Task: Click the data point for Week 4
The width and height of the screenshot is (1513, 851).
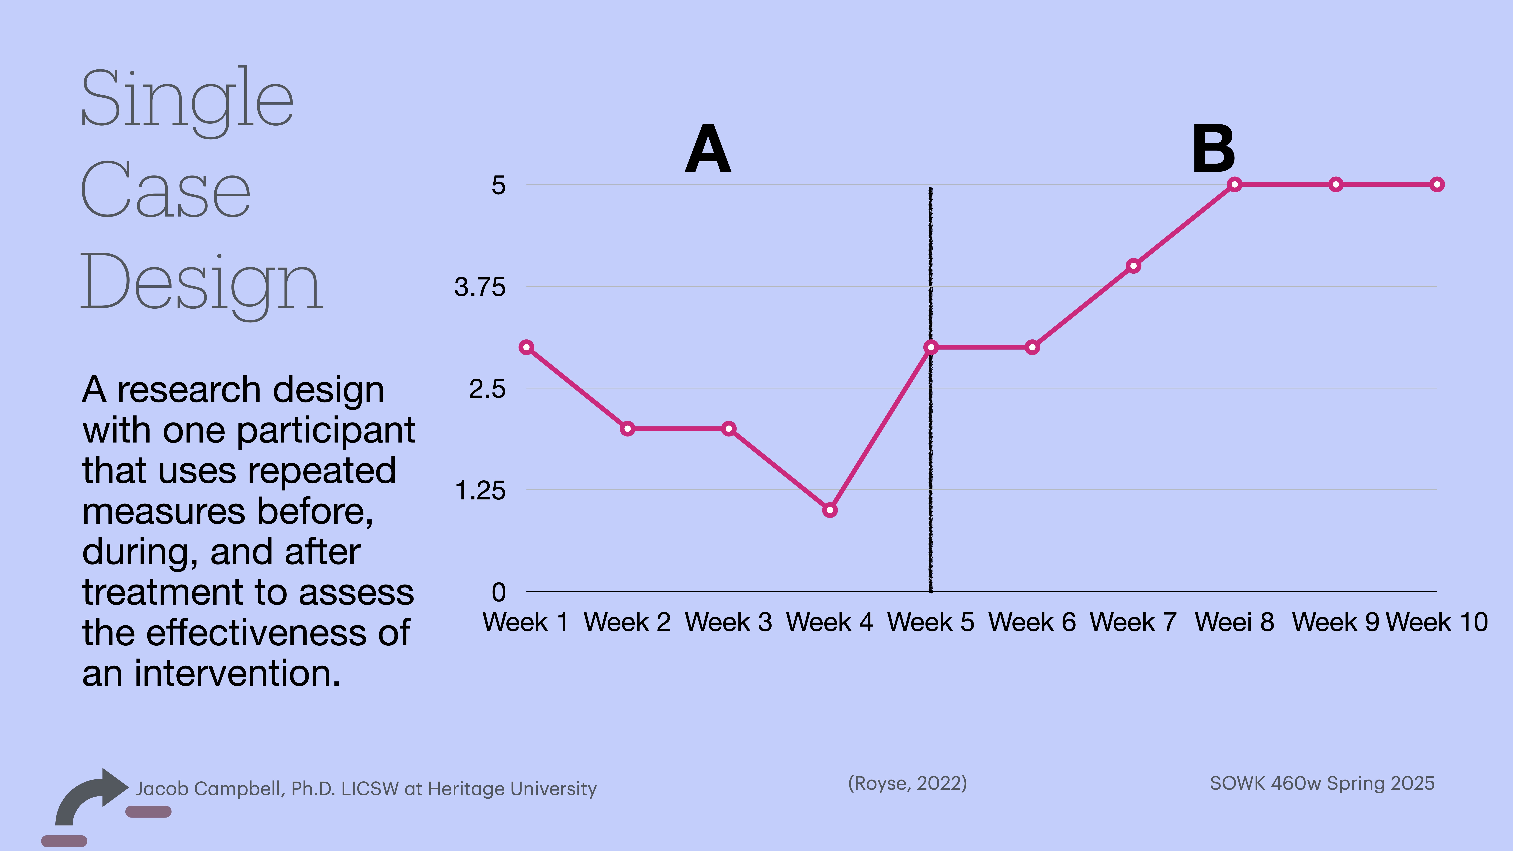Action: click(x=829, y=510)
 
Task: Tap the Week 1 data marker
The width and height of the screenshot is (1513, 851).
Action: click(x=526, y=347)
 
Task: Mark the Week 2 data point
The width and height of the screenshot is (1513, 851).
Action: click(x=627, y=429)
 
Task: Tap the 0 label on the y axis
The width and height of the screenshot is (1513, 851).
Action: click(x=498, y=592)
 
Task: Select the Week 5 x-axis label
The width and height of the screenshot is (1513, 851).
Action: click(x=930, y=622)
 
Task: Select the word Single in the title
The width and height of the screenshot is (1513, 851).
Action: click(x=187, y=100)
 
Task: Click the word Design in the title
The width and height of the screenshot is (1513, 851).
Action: click(x=201, y=285)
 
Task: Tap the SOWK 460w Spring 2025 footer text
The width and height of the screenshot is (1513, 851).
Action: click(x=1322, y=783)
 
